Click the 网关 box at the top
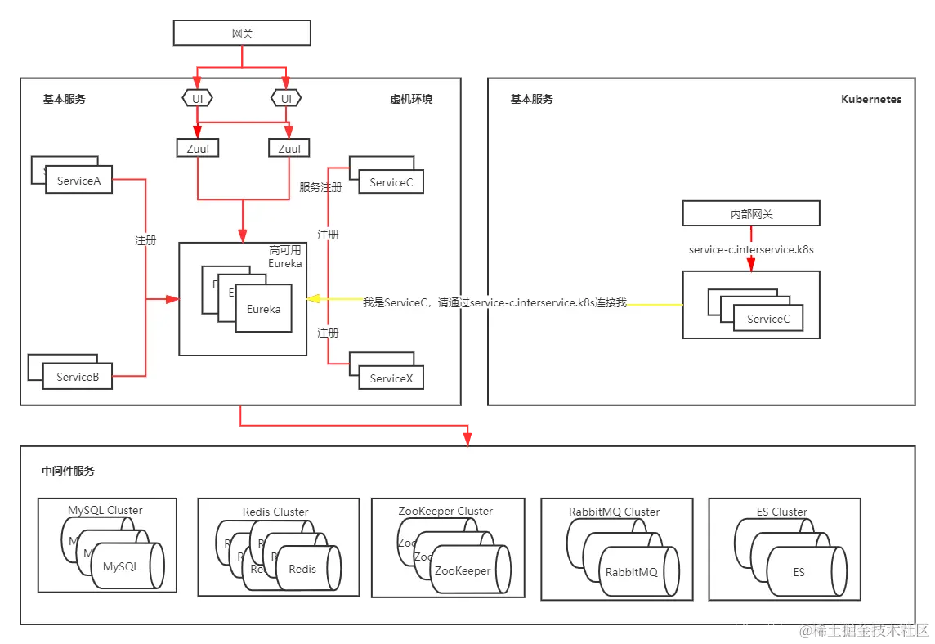coord(242,33)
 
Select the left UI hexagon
coord(197,99)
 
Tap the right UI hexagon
coord(286,99)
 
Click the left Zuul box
coord(197,149)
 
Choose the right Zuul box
coord(289,149)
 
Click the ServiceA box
coord(78,181)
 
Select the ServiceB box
coord(78,377)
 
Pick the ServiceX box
coord(391,378)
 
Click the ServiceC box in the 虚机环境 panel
coord(391,182)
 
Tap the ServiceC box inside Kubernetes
coord(768,319)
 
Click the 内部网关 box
coord(751,214)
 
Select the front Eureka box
coord(264,309)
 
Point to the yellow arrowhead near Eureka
coord(313,300)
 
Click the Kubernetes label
coord(871,99)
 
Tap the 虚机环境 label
coord(411,99)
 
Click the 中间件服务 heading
coord(68,471)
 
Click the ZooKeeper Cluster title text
coord(445,511)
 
